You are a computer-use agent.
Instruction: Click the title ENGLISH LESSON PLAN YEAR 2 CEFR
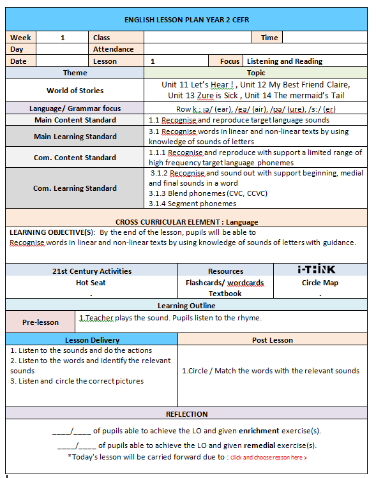pos(186,19)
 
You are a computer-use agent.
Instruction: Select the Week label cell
pos(20,38)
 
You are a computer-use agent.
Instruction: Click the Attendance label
pos(113,49)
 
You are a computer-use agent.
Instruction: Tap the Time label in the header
pos(269,38)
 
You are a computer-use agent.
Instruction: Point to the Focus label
pos(230,61)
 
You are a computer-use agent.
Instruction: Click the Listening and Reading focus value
pos(285,61)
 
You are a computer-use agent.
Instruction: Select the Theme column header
pos(75,73)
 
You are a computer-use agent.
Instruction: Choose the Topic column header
pos(255,73)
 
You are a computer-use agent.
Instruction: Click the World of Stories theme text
pos(75,91)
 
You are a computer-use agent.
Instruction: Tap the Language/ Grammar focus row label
pos(75,108)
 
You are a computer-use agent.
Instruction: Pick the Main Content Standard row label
pos(75,120)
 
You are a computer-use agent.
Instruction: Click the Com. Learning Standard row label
pos(75,188)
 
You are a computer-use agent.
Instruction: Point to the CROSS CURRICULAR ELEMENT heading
pos(186,222)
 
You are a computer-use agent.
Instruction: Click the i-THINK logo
pos(317,270)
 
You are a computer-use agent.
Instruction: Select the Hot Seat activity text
pos(91,283)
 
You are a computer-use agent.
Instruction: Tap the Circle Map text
pos(320,283)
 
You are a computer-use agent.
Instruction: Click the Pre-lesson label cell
pos(40,322)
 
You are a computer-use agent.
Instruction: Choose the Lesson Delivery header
pos(92,340)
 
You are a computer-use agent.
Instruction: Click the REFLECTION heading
pos(186,414)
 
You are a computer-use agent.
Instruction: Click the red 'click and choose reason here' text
pos(268,458)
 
